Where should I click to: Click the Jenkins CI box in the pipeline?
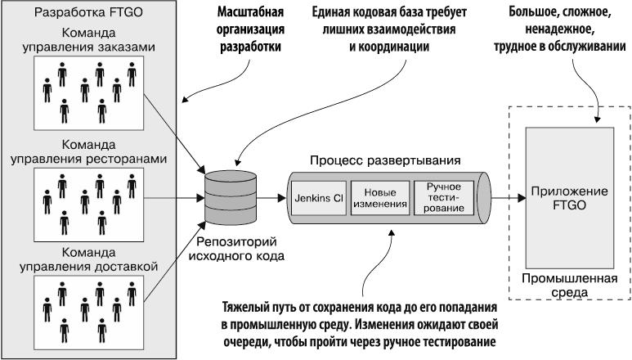(x=318, y=198)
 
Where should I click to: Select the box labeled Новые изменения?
(x=379, y=198)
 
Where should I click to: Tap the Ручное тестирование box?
(x=444, y=198)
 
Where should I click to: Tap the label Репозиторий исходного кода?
(x=232, y=249)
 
